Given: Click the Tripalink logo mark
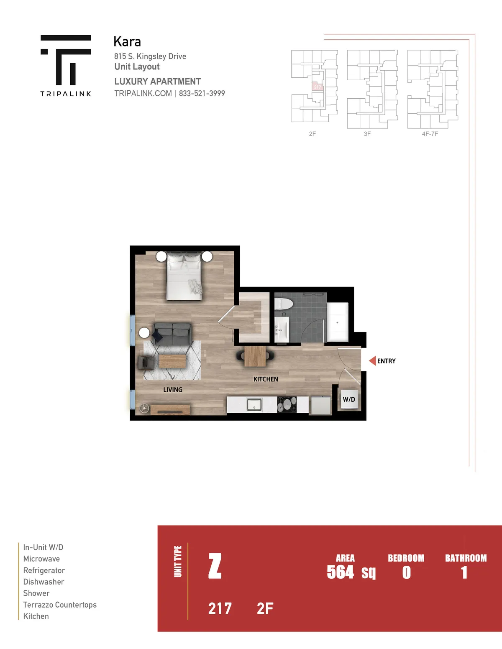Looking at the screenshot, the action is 66,60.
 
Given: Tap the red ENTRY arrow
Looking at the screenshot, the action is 372,361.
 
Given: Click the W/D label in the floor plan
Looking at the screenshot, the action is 349,399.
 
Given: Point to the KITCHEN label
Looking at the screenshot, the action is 266,379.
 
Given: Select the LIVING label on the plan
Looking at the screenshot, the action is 173,389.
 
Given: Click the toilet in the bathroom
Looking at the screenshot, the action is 283,304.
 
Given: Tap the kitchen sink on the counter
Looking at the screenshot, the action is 254,404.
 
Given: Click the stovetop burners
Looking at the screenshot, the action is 287,404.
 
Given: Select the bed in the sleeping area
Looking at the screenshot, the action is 184,276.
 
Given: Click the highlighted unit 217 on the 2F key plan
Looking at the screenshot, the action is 318,87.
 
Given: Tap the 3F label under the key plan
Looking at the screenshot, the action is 367,134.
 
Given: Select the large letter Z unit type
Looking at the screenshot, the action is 215,566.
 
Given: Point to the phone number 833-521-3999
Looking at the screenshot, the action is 202,94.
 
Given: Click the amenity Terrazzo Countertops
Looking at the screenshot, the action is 60,605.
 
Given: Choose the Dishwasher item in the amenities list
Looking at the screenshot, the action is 44,582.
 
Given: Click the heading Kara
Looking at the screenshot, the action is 127,41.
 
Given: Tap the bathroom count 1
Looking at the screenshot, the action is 464,572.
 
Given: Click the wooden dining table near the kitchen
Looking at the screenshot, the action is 255,356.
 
